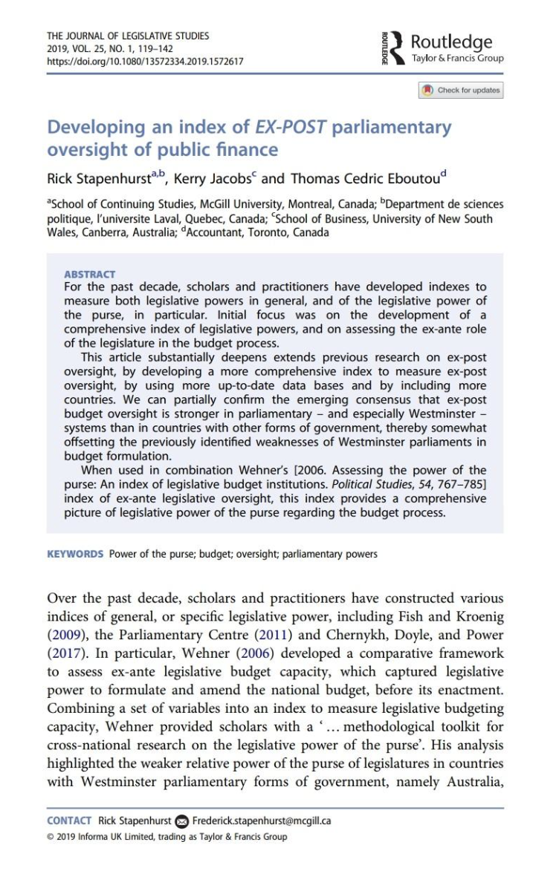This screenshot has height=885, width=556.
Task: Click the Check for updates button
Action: pos(462,91)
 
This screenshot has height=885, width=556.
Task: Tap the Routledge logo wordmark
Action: pos(451,42)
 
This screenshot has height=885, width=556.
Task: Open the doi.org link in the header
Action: pos(145,62)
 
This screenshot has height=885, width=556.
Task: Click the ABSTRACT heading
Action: pos(90,274)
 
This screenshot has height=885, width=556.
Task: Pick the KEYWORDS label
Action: pos(75,554)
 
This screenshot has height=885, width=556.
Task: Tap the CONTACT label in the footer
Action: pos(69,820)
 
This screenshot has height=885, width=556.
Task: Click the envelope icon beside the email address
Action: pos(182,821)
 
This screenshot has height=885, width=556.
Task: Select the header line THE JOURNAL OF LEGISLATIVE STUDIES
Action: pos(128,36)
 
